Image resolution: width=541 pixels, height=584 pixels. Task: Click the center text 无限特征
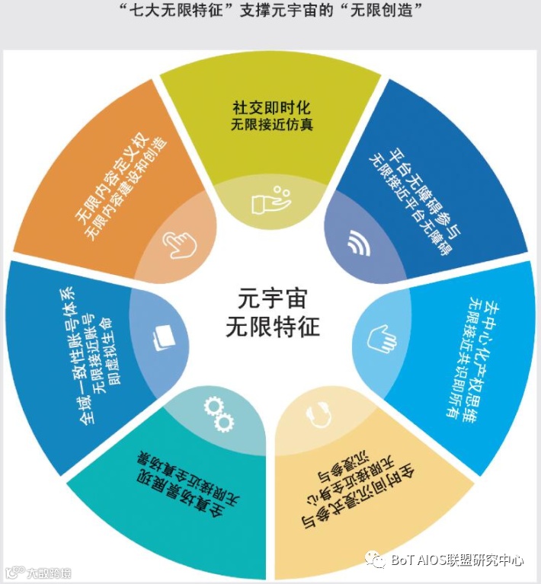tap(272, 327)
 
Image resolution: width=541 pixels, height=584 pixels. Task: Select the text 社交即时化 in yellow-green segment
tap(271, 107)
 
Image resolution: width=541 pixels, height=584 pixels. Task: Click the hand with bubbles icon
tap(270, 199)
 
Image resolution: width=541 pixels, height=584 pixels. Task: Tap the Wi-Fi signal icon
tap(357, 241)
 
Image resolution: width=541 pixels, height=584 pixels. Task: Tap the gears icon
tap(218, 412)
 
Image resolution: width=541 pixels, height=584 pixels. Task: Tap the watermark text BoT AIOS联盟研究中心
tap(456, 560)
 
